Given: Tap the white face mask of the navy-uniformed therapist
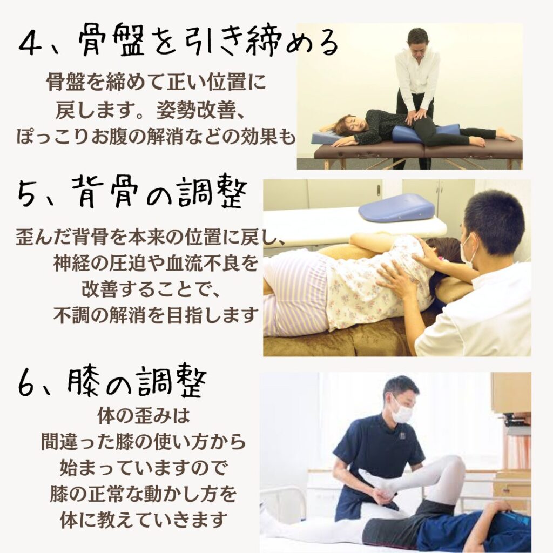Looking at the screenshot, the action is pos(402,412).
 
